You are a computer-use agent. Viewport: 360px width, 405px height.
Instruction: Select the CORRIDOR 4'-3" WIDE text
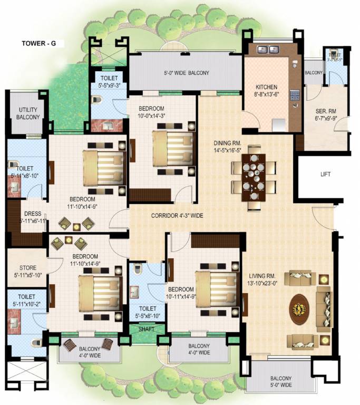pyautogui.click(x=177, y=216)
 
